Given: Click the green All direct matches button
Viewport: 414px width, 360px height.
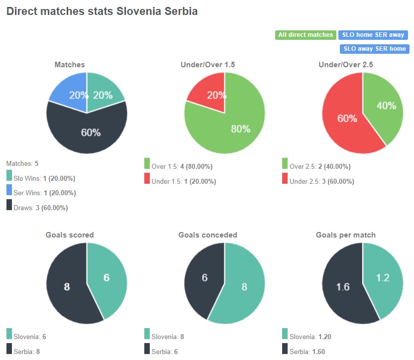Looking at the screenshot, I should (x=306, y=35).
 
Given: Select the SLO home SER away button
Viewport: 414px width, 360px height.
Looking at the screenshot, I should (x=373, y=35).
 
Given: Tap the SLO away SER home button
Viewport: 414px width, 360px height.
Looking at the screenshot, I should (x=374, y=49).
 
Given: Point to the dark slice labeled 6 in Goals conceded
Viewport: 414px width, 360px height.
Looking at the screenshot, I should (x=204, y=278).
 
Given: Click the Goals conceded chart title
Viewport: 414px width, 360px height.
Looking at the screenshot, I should (x=207, y=235).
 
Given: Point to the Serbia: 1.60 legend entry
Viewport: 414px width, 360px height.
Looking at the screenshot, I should (x=307, y=352).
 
